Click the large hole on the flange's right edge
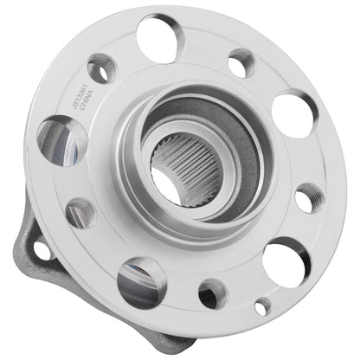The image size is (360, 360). (x=294, y=112)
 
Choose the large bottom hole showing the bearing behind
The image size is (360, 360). (x=141, y=281)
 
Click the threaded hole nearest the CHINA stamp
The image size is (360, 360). (x=102, y=67)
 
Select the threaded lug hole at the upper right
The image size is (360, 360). (x=243, y=62)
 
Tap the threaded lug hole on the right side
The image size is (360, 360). (x=309, y=198)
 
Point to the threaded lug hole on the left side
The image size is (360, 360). (x=80, y=212)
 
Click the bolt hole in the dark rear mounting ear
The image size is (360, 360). (x=41, y=250)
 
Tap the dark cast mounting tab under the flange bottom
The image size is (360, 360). (x=173, y=342)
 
